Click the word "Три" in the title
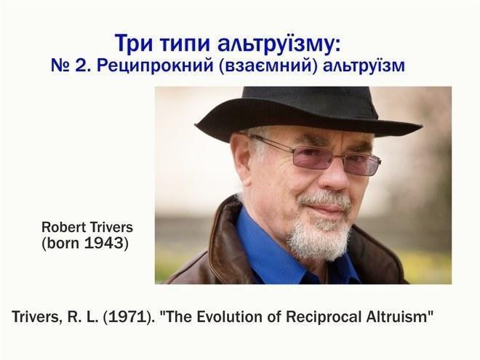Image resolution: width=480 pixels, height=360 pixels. [134, 44]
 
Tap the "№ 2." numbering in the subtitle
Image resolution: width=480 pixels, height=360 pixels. [71, 65]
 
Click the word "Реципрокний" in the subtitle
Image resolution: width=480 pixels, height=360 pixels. [155, 65]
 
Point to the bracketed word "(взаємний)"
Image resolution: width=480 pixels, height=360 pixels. [268, 65]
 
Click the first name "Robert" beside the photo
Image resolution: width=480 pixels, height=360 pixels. [63, 227]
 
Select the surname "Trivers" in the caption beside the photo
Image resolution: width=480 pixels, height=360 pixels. [111, 227]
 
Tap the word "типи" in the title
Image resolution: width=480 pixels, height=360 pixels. [185, 44]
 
